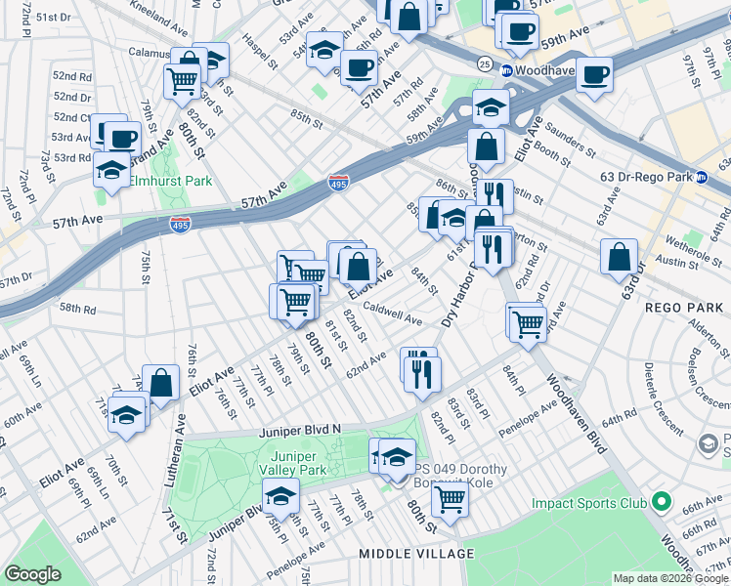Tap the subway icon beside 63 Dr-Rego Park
click(x=701, y=177)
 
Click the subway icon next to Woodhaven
click(x=507, y=71)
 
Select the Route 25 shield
click(x=485, y=63)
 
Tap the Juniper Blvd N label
click(x=300, y=429)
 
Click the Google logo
click(x=32, y=574)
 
